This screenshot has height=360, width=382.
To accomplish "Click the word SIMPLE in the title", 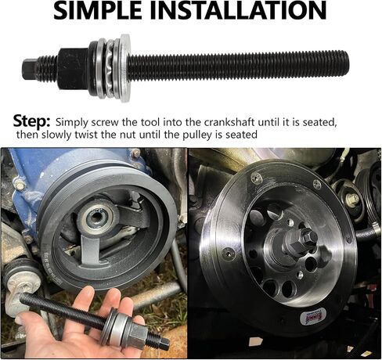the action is point(96,10).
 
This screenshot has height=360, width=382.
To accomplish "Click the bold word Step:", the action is point(31,121).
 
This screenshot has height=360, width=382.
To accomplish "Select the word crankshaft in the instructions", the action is point(229,122).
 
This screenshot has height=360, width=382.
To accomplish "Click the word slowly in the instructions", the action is point(56,135).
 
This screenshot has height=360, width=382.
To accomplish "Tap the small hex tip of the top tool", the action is point(28,69).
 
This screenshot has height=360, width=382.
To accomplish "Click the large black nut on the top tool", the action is point(73,69).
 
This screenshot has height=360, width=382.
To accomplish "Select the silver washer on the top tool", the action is point(124,68).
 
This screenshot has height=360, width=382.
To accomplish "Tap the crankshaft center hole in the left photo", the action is point(96,216).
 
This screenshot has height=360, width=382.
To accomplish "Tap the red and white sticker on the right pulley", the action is point(312,316).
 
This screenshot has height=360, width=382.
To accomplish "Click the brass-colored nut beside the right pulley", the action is point(353,200).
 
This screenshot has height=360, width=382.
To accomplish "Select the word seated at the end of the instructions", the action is point(241,135).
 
